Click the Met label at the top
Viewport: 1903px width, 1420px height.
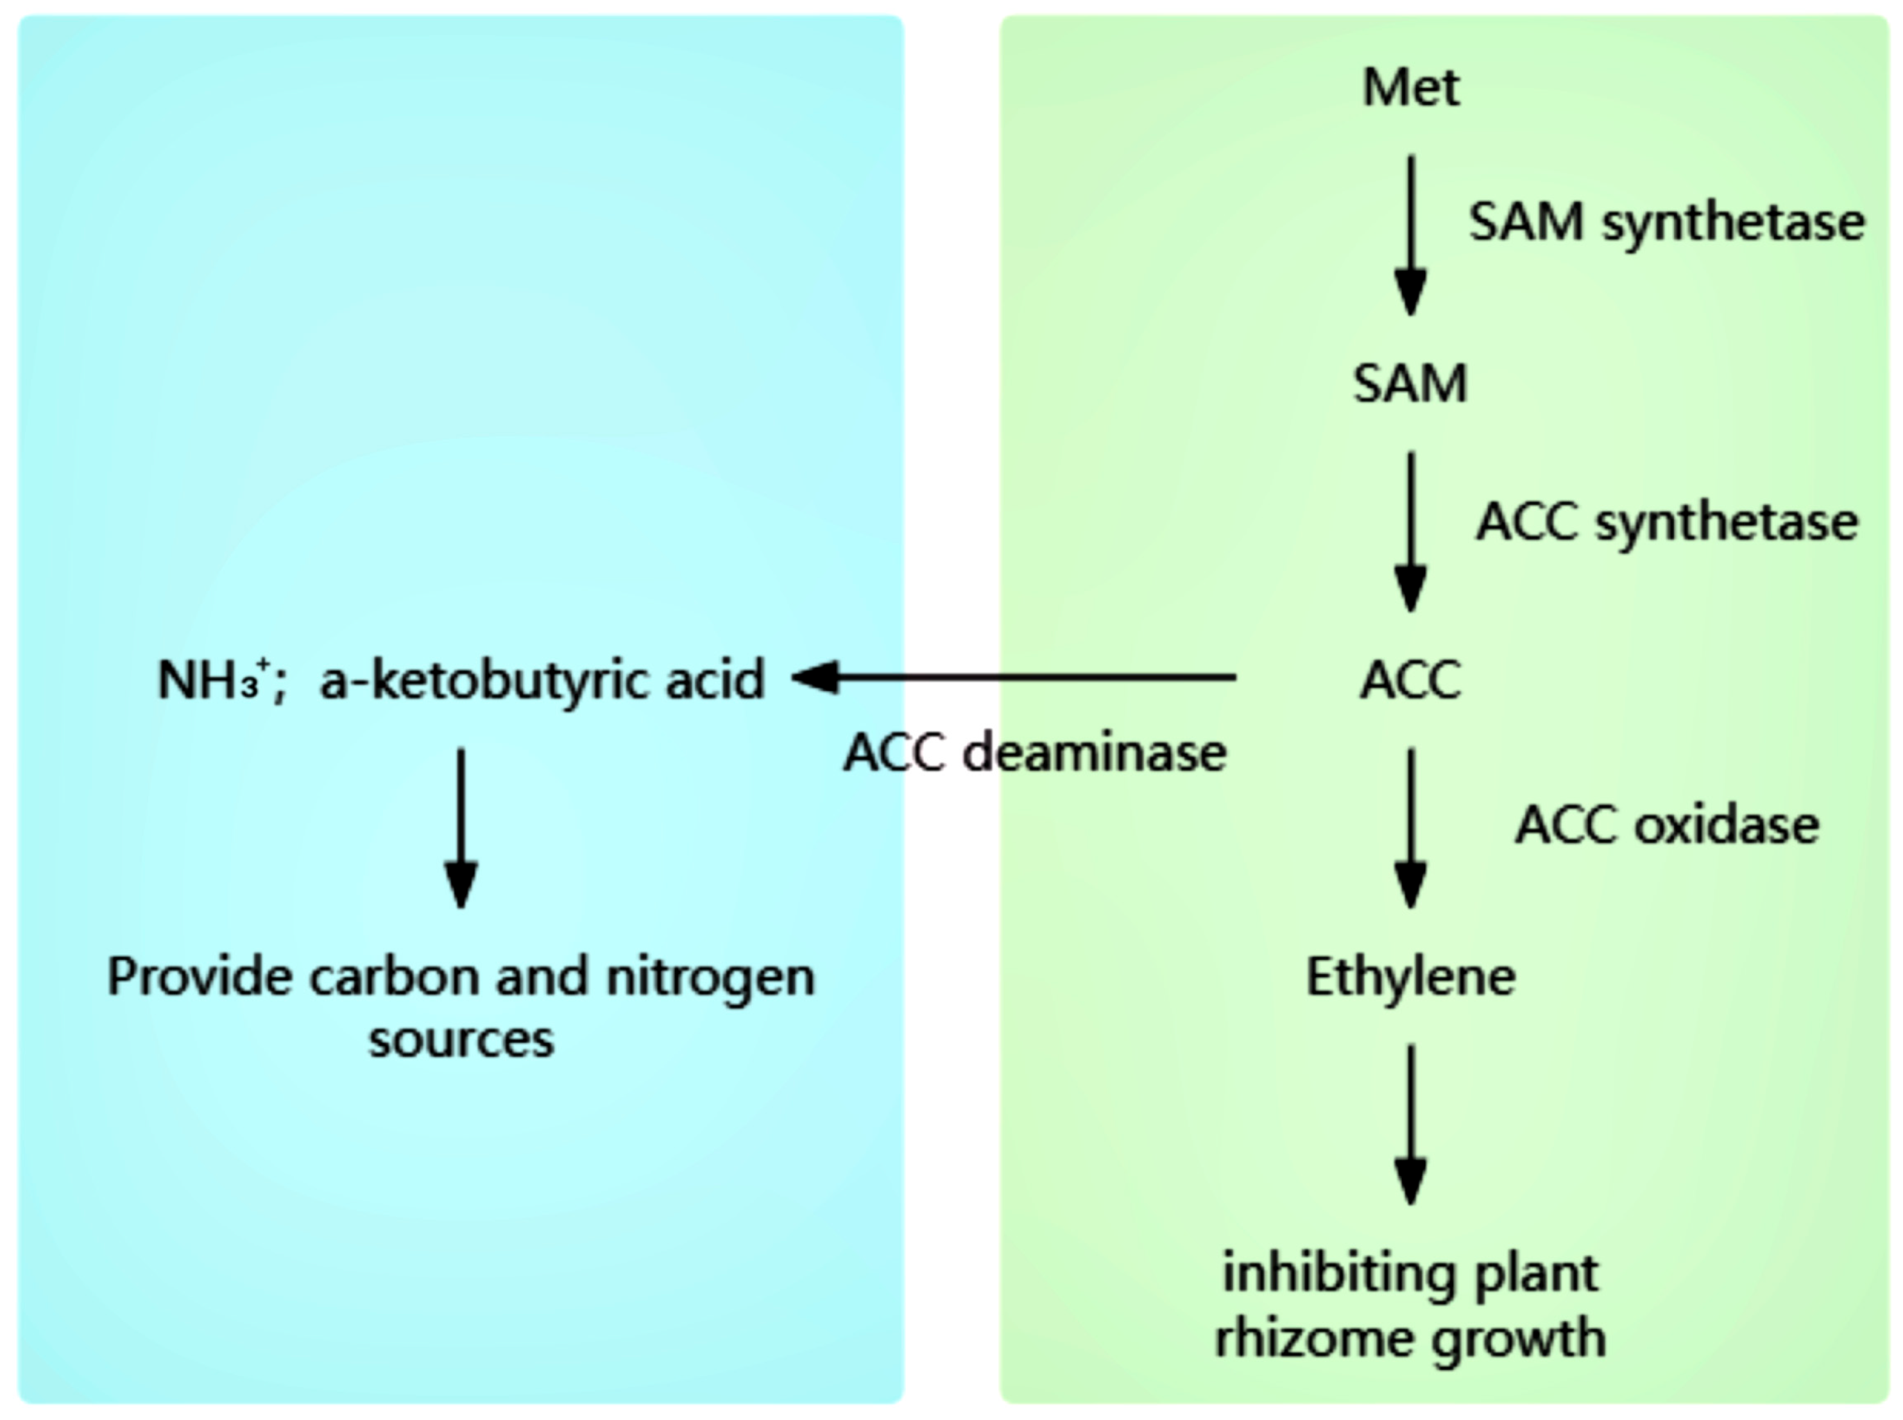click(1410, 88)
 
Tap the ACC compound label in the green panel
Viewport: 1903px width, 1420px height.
click(1410, 681)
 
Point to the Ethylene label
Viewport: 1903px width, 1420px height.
click(1410, 977)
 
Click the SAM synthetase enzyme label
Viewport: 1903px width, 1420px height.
click(1666, 223)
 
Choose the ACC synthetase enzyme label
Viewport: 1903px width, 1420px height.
click(1666, 522)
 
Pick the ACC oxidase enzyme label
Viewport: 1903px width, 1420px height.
click(1666, 825)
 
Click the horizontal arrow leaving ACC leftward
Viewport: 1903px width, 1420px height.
click(1014, 678)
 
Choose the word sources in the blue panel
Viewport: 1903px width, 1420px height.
click(461, 1040)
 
